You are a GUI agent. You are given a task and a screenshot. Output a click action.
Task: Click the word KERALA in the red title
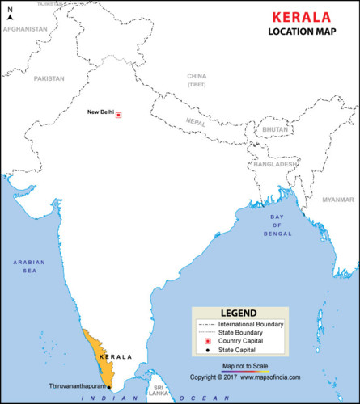(x=301, y=16)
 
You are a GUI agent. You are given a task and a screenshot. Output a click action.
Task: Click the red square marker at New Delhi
(x=118, y=116)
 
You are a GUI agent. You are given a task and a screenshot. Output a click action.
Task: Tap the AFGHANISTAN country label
(x=25, y=28)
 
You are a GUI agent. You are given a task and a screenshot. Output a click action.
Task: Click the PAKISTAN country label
(x=49, y=78)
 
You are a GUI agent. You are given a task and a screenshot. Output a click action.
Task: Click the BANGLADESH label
(x=273, y=164)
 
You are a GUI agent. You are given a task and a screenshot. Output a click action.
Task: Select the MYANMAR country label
(x=338, y=199)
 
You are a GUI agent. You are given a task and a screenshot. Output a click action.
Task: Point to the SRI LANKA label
(x=157, y=391)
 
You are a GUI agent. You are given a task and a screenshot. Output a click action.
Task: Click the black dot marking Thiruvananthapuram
(x=109, y=387)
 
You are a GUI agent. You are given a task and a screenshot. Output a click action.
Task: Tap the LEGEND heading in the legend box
(x=239, y=314)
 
